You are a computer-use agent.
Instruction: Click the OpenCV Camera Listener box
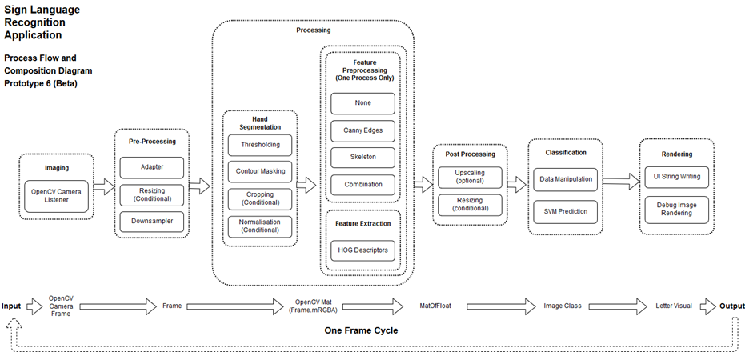(x=57, y=196)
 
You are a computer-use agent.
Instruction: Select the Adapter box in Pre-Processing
(x=151, y=168)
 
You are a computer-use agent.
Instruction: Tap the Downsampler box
(x=151, y=222)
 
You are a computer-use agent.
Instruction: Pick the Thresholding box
(x=260, y=145)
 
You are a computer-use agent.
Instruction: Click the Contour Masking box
(x=260, y=172)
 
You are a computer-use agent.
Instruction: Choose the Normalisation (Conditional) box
(x=260, y=226)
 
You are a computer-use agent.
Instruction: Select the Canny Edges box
(x=363, y=130)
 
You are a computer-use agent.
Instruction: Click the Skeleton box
(x=363, y=158)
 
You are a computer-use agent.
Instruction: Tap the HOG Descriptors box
(x=363, y=250)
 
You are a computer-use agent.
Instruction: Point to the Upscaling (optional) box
(x=470, y=177)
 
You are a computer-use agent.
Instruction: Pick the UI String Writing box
(x=677, y=177)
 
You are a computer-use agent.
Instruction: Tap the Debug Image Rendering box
(x=677, y=209)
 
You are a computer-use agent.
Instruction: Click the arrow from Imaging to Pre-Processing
(x=104, y=186)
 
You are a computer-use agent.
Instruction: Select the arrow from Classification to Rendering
(x=622, y=181)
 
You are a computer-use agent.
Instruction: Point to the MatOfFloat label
(x=435, y=306)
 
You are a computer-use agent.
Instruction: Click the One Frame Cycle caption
(x=361, y=330)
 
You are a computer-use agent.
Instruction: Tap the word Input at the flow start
(x=11, y=306)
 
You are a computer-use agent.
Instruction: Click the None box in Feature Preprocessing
(x=363, y=103)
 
